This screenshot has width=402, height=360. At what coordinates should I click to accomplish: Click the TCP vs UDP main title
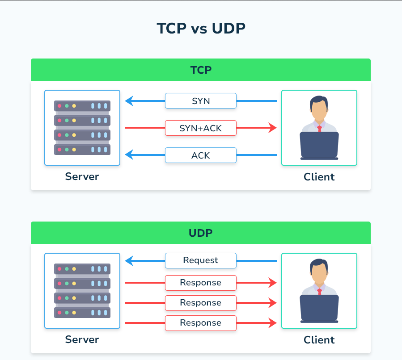click(201, 28)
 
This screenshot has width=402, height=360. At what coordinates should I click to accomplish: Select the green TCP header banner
click(201, 70)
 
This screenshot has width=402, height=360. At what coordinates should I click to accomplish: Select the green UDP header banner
click(201, 233)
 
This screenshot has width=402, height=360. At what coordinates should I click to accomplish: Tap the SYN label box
click(201, 101)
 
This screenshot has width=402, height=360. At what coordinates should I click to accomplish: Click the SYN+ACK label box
click(201, 128)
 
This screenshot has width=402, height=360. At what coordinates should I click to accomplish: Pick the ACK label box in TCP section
click(201, 155)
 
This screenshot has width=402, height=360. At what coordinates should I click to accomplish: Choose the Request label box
click(201, 260)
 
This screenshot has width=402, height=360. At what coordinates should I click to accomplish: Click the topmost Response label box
click(201, 283)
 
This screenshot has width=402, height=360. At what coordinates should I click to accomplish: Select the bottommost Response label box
click(201, 323)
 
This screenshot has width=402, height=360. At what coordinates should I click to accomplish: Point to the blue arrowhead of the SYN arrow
click(129, 101)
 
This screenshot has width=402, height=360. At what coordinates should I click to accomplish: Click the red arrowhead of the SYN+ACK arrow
click(273, 128)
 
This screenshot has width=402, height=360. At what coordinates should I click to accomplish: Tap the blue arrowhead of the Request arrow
click(129, 260)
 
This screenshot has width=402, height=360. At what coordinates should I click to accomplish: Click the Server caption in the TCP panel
click(82, 176)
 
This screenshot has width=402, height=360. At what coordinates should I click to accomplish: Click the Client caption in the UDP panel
click(319, 340)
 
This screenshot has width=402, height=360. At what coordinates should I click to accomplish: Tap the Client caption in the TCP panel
click(319, 177)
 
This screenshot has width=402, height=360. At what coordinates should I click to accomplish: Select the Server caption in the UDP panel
click(82, 339)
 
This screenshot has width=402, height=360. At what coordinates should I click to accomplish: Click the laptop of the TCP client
click(319, 145)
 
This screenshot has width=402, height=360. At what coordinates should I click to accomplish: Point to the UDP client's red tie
click(319, 291)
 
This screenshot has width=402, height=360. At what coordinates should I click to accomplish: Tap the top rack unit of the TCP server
click(82, 106)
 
